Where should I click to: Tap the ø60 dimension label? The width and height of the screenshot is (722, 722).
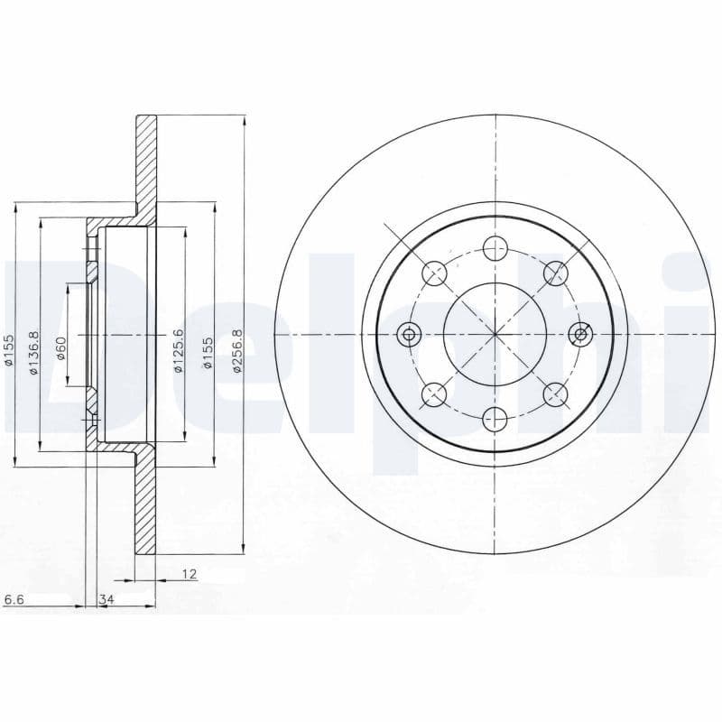coord(61,347)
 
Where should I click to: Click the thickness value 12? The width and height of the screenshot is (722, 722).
coord(189,573)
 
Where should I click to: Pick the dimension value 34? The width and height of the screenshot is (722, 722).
coord(106,599)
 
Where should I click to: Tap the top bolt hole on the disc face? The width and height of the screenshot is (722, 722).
coord(495,247)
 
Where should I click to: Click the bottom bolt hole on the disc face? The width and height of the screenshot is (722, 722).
coord(495,418)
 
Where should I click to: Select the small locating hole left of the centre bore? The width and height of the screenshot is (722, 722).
coord(410,335)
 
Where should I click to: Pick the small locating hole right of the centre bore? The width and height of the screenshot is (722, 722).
coord(580,335)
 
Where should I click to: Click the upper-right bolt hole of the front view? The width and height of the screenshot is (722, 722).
coord(555,273)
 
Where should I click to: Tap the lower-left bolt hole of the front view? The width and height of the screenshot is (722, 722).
coord(434,393)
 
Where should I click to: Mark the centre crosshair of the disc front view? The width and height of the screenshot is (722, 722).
coord(495,335)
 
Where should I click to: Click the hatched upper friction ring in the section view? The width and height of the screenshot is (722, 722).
coord(145,162)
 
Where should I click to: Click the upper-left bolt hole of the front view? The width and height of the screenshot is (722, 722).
coord(434,273)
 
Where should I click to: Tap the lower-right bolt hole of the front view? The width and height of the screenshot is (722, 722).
coord(555,393)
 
